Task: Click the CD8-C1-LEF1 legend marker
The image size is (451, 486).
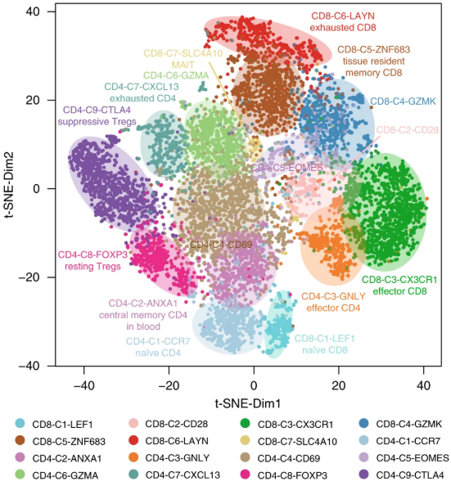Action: pyautogui.click(x=20, y=423)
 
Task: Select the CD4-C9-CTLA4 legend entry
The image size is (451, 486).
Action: pyautogui.click(x=404, y=475)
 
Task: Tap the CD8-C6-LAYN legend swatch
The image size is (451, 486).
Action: pyautogui.click(x=133, y=440)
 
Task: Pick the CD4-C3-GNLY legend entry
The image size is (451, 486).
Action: pyautogui.click(x=169, y=458)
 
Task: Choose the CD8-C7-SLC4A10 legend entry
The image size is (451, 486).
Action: pyautogui.click(x=288, y=441)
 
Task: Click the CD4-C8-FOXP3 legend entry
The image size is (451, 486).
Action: pyautogui.click(x=284, y=475)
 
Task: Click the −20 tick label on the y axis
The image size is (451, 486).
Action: pyautogui.click(x=29, y=277)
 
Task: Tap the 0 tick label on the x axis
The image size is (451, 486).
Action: pyautogui.click(x=254, y=385)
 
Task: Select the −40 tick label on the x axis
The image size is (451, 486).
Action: pyautogui.click(x=83, y=385)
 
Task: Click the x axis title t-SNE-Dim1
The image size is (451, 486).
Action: pyautogui.click(x=248, y=403)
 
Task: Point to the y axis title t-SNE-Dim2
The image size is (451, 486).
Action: pyautogui.click(x=9, y=184)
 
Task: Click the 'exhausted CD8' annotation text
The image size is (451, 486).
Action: pyautogui.click(x=343, y=28)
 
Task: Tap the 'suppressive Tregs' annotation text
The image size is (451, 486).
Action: pyautogui.click(x=97, y=121)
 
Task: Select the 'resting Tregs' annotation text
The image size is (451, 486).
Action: pyautogui.click(x=92, y=266)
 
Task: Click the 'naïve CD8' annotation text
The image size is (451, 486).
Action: pyautogui.click(x=325, y=350)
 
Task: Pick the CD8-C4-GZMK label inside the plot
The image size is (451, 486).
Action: pyautogui.click(x=403, y=101)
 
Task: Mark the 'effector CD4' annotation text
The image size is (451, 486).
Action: pyautogui.click(x=333, y=308)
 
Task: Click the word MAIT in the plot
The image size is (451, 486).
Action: pyautogui.click(x=183, y=65)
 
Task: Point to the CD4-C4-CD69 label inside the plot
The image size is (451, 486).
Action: pyautogui.click(x=221, y=245)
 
